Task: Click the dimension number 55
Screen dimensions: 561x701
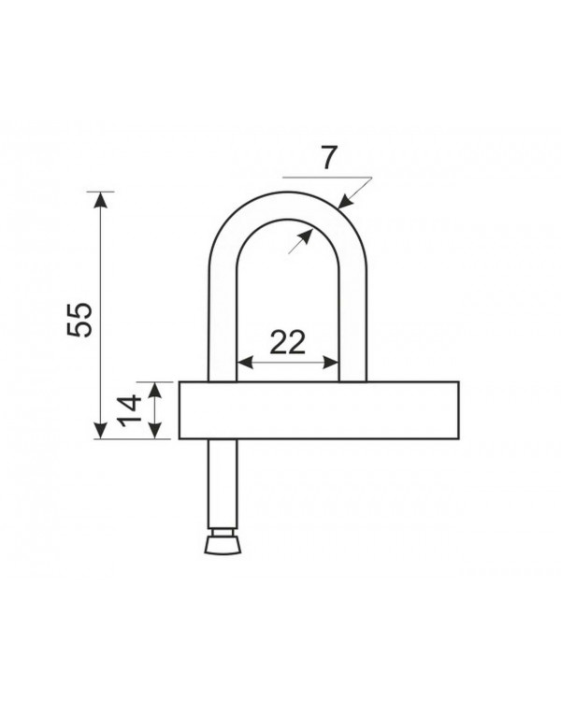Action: tap(79, 320)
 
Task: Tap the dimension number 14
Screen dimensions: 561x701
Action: tap(129, 411)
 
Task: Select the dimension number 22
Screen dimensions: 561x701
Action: tap(288, 342)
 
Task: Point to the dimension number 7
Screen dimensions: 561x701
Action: tap(328, 158)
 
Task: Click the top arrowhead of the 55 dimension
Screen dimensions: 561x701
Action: tap(101, 199)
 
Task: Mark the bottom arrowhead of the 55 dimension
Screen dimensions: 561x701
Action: tap(101, 431)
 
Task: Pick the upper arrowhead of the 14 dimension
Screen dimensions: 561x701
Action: tap(155, 391)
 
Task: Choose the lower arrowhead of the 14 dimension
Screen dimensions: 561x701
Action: tap(155, 431)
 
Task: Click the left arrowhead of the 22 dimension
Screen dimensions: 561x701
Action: tap(245, 363)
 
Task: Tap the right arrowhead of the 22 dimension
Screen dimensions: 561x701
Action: tap(331, 363)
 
